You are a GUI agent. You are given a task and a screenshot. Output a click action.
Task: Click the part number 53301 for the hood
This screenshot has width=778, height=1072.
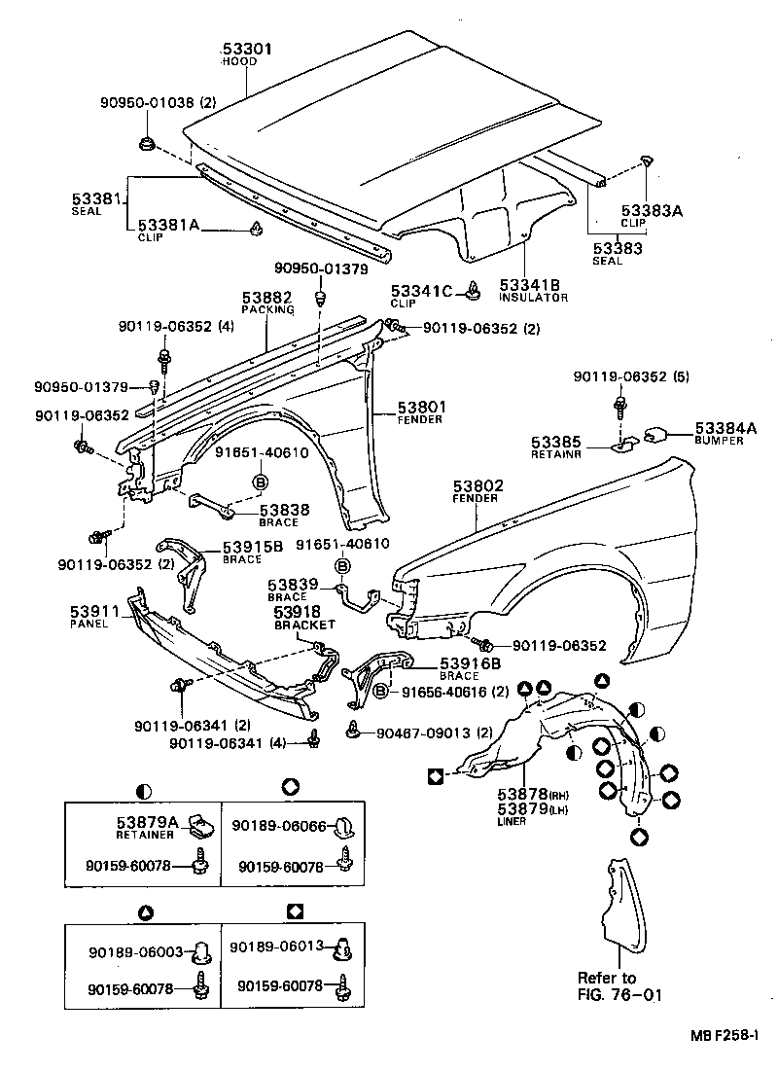(247, 49)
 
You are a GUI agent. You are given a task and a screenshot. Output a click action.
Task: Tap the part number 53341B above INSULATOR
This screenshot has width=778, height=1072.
(530, 284)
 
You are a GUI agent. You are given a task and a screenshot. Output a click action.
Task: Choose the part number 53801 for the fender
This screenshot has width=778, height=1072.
(420, 407)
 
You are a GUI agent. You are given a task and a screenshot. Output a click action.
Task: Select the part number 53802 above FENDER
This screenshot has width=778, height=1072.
(476, 484)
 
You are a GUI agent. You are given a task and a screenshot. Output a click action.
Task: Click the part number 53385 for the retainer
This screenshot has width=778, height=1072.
(555, 441)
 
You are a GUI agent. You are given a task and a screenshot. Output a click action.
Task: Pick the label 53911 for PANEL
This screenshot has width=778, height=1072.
(93, 613)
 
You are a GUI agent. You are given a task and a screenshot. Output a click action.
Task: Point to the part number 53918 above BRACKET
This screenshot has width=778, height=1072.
(297, 612)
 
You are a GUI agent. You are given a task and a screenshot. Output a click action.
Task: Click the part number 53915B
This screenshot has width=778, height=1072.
(252, 547)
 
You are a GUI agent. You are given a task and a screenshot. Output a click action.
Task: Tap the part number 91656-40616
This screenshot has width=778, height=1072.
(443, 692)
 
